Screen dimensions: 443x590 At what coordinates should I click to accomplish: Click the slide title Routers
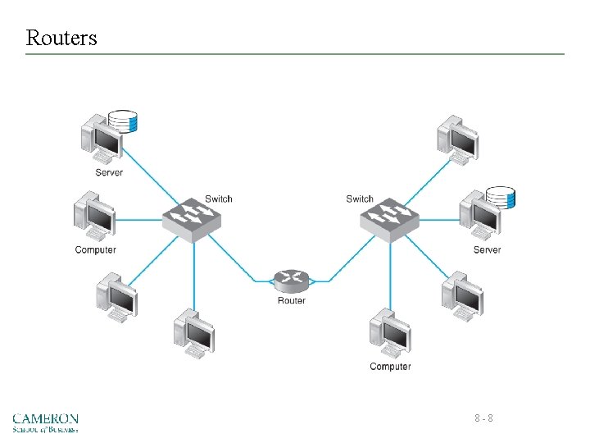pyautogui.click(x=61, y=38)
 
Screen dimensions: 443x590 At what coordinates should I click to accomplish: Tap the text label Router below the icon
pyautogui.click(x=291, y=301)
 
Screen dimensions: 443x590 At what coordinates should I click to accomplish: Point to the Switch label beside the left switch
pyautogui.click(x=219, y=199)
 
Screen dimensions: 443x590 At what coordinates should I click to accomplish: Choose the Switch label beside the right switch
pyautogui.click(x=360, y=199)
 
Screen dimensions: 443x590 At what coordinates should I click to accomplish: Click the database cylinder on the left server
pyautogui.click(x=124, y=121)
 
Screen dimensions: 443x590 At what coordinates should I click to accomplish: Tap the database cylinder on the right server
pyautogui.click(x=500, y=198)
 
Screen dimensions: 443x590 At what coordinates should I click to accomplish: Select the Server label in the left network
pyautogui.click(x=109, y=172)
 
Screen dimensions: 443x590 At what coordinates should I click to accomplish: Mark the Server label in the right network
pyautogui.click(x=487, y=249)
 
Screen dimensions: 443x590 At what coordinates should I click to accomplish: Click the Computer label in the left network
pyautogui.click(x=96, y=249)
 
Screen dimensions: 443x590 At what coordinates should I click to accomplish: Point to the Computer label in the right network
pyautogui.click(x=390, y=367)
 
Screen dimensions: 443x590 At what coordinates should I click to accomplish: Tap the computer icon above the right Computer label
pyautogui.click(x=390, y=333)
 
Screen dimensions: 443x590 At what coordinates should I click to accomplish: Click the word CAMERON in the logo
pyautogui.click(x=46, y=418)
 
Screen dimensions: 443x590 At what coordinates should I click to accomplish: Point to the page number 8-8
pyautogui.click(x=483, y=418)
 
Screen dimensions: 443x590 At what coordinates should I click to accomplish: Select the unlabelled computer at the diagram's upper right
pyautogui.click(x=457, y=139)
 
